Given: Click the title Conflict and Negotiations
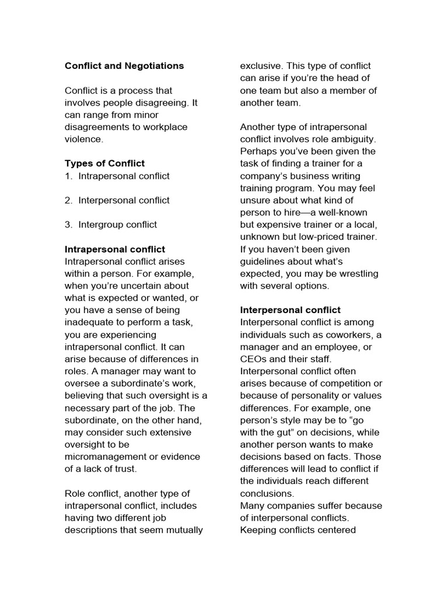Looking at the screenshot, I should click(x=124, y=66).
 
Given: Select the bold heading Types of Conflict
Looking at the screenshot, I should click(x=104, y=163).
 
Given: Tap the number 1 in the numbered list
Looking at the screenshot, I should click(x=68, y=175).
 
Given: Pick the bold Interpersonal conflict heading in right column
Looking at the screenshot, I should click(x=290, y=310).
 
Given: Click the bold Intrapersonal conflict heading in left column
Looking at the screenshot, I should click(x=114, y=249).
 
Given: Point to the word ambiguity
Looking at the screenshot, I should click(x=355, y=139).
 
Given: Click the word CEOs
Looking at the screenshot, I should click(x=253, y=359).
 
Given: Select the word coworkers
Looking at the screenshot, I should click(x=345, y=335).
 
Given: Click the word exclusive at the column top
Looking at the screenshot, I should click(x=262, y=66).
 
